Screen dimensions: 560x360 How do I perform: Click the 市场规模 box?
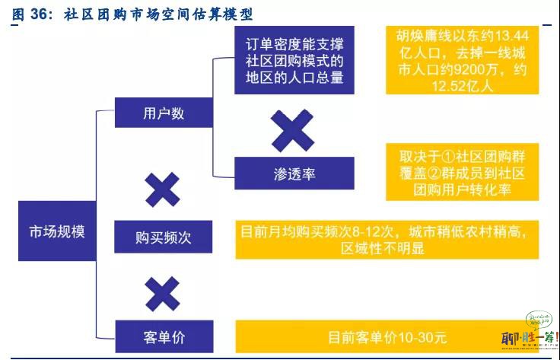pyautogui.click(x=57, y=231)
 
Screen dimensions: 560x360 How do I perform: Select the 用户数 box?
pyautogui.click(x=164, y=113)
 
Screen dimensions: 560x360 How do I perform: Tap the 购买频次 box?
pyautogui.click(x=164, y=237)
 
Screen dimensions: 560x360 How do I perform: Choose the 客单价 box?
pyautogui.click(x=164, y=336)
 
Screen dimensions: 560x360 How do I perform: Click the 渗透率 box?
pyautogui.click(x=294, y=174)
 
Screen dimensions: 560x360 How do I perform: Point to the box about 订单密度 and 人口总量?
pyautogui.click(x=294, y=60)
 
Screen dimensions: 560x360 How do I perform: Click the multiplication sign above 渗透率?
pyautogui.click(x=292, y=130)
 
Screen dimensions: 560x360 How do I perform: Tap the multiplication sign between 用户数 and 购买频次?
pyautogui.click(x=163, y=190)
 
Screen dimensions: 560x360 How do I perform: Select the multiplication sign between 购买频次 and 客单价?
pyautogui.click(x=163, y=294)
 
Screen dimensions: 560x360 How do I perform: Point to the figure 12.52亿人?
pyautogui.click(x=462, y=86)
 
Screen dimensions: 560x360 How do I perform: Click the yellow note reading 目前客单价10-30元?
pyautogui.click(x=387, y=336)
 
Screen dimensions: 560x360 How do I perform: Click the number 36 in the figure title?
pyautogui.click(x=39, y=14)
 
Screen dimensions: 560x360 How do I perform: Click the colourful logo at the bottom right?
pyautogui.click(x=530, y=330)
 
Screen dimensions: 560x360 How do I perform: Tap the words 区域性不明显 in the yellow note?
pyautogui.click(x=383, y=248)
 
